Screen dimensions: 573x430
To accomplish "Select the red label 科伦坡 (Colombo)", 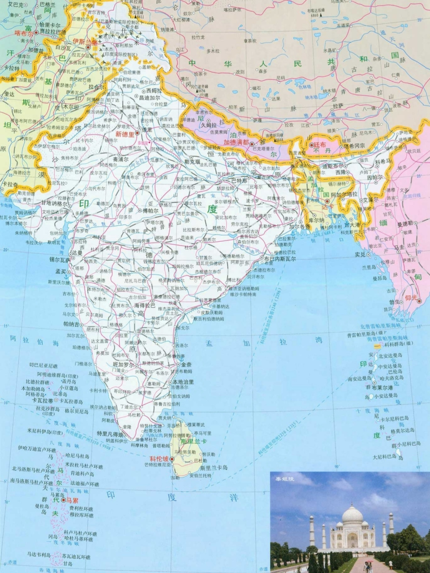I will (x=159, y=459).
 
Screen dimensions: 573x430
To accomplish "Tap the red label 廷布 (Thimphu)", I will (x=320, y=145).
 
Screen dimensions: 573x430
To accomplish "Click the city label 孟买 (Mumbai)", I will (x=60, y=271).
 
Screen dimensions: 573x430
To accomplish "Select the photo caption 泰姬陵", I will (x=283, y=479).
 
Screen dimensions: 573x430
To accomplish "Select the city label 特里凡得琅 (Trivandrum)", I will (x=111, y=435).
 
